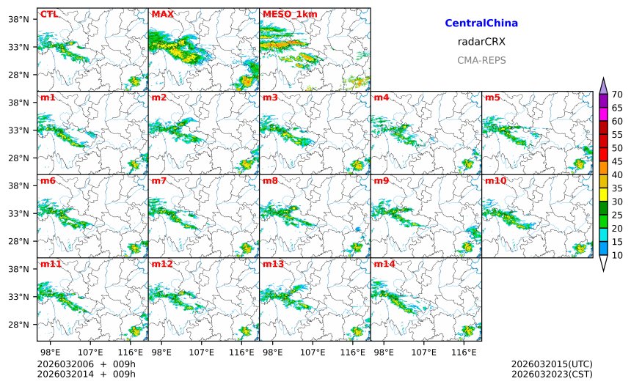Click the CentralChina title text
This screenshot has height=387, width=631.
click(x=481, y=23)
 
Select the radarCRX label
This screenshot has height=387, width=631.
click(x=481, y=42)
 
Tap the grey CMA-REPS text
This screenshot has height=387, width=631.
click(x=481, y=60)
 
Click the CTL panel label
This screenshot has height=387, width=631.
click(x=48, y=14)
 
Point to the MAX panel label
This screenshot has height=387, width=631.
click(x=162, y=14)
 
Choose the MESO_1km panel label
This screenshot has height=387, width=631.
click(x=287, y=14)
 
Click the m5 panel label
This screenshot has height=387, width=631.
click(x=492, y=97)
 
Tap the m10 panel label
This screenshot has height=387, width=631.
click(x=495, y=180)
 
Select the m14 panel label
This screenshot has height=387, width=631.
click(x=384, y=264)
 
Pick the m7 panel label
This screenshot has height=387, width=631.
click(x=159, y=180)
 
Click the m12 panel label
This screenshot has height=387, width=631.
click(x=161, y=264)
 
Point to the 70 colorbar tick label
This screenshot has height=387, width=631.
click(x=617, y=95)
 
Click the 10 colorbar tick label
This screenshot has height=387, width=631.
click(x=617, y=255)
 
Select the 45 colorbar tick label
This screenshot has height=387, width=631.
click(x=617, y=161)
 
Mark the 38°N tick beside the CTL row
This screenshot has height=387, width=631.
click(x=17, y=20)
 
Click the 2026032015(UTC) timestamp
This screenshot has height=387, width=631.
click(x=552, y=364)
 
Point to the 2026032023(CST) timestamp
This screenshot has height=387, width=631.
click(x=552, y=375)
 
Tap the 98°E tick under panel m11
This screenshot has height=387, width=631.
click(x=50, y=353)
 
